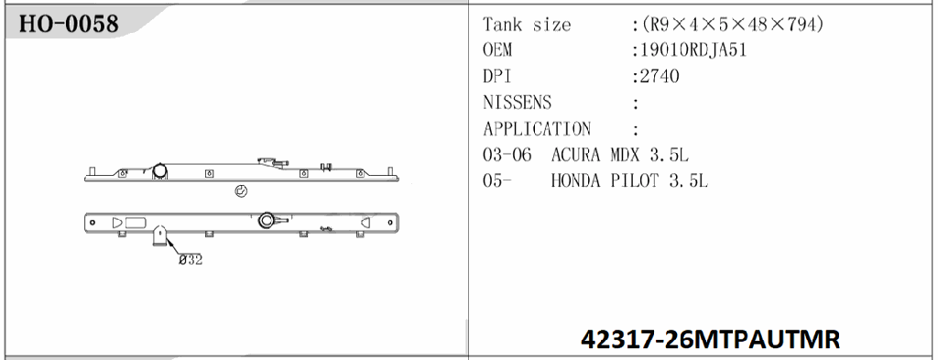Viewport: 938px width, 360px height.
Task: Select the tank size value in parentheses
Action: [734, 25]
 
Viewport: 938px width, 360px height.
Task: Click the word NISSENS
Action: [517, 103]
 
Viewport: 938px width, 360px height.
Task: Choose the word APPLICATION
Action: [537, 129]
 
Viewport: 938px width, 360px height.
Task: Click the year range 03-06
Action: [507, 155]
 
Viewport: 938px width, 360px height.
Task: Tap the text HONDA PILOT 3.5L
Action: [629, 181]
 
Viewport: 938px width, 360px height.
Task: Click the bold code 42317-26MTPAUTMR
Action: [710, 339]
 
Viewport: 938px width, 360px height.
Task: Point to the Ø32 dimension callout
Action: [190, 259]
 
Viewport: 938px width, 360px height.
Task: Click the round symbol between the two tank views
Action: [241, 191]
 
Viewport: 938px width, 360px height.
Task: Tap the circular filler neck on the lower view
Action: [267, 220]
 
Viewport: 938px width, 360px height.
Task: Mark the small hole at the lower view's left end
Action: [93, 222]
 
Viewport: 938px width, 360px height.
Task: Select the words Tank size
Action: [527, 25]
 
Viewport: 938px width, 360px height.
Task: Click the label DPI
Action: [496, 77]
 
